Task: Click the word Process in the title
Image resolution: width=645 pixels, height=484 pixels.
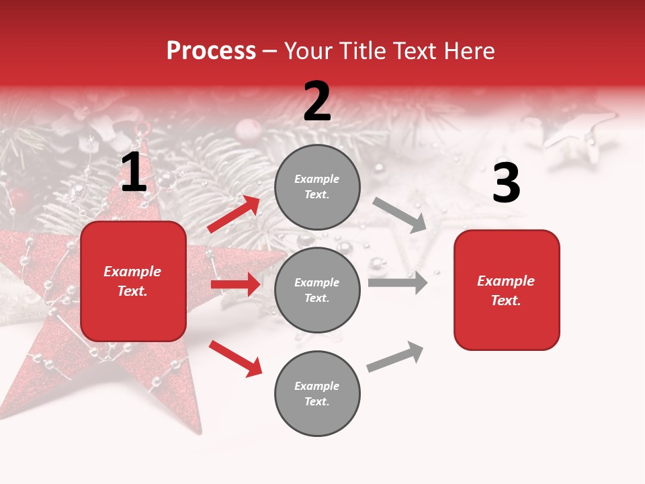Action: click(x=211, y=51)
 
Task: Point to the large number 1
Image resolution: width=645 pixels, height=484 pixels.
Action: click(x=134, y=173)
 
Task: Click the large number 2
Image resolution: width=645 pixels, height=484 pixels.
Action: click(x=317, y=102)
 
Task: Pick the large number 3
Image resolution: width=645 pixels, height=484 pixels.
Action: click(x=506, y=184)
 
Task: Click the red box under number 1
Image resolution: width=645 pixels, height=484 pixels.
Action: click(x=133, y=281)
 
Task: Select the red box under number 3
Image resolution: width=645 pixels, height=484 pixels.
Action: click(x=506, y=290)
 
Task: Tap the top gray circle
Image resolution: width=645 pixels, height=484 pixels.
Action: click(x=317, y=187)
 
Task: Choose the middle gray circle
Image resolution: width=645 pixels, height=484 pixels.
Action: click(x=317, y=290)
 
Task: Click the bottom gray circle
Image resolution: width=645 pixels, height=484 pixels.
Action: click(x=317, y=393)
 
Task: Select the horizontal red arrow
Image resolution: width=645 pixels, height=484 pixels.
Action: click(x=235, y=284)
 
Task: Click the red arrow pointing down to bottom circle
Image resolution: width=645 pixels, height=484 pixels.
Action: click(x=235, y=358)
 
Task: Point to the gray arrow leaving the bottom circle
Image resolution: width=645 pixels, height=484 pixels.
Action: click(x=396, y=357)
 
